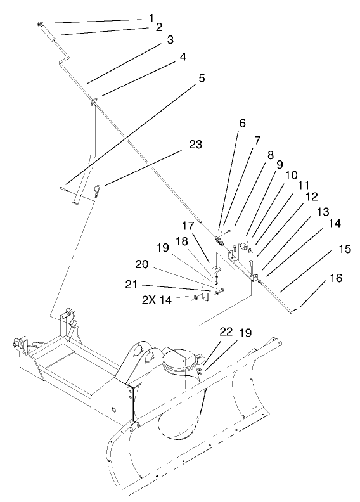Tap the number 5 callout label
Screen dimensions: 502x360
[202, 80]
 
